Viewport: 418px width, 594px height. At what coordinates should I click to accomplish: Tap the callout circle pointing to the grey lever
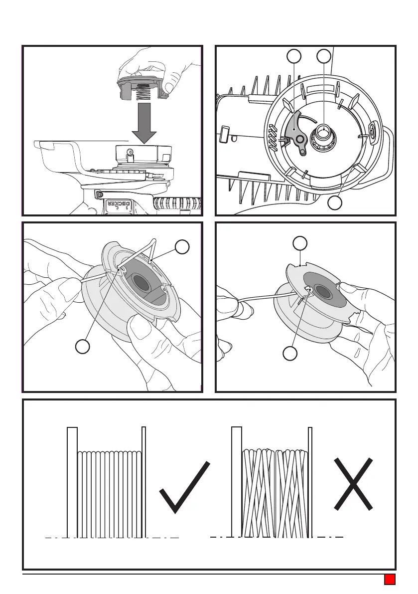point(294,56)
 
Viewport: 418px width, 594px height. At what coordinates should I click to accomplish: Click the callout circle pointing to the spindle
point(324,56)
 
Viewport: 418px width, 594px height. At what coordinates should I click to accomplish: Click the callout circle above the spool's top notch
point(299,243)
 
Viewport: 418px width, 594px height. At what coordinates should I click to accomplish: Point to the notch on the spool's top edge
point(299,264)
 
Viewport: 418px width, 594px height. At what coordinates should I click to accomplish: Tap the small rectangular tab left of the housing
point(223,134)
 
